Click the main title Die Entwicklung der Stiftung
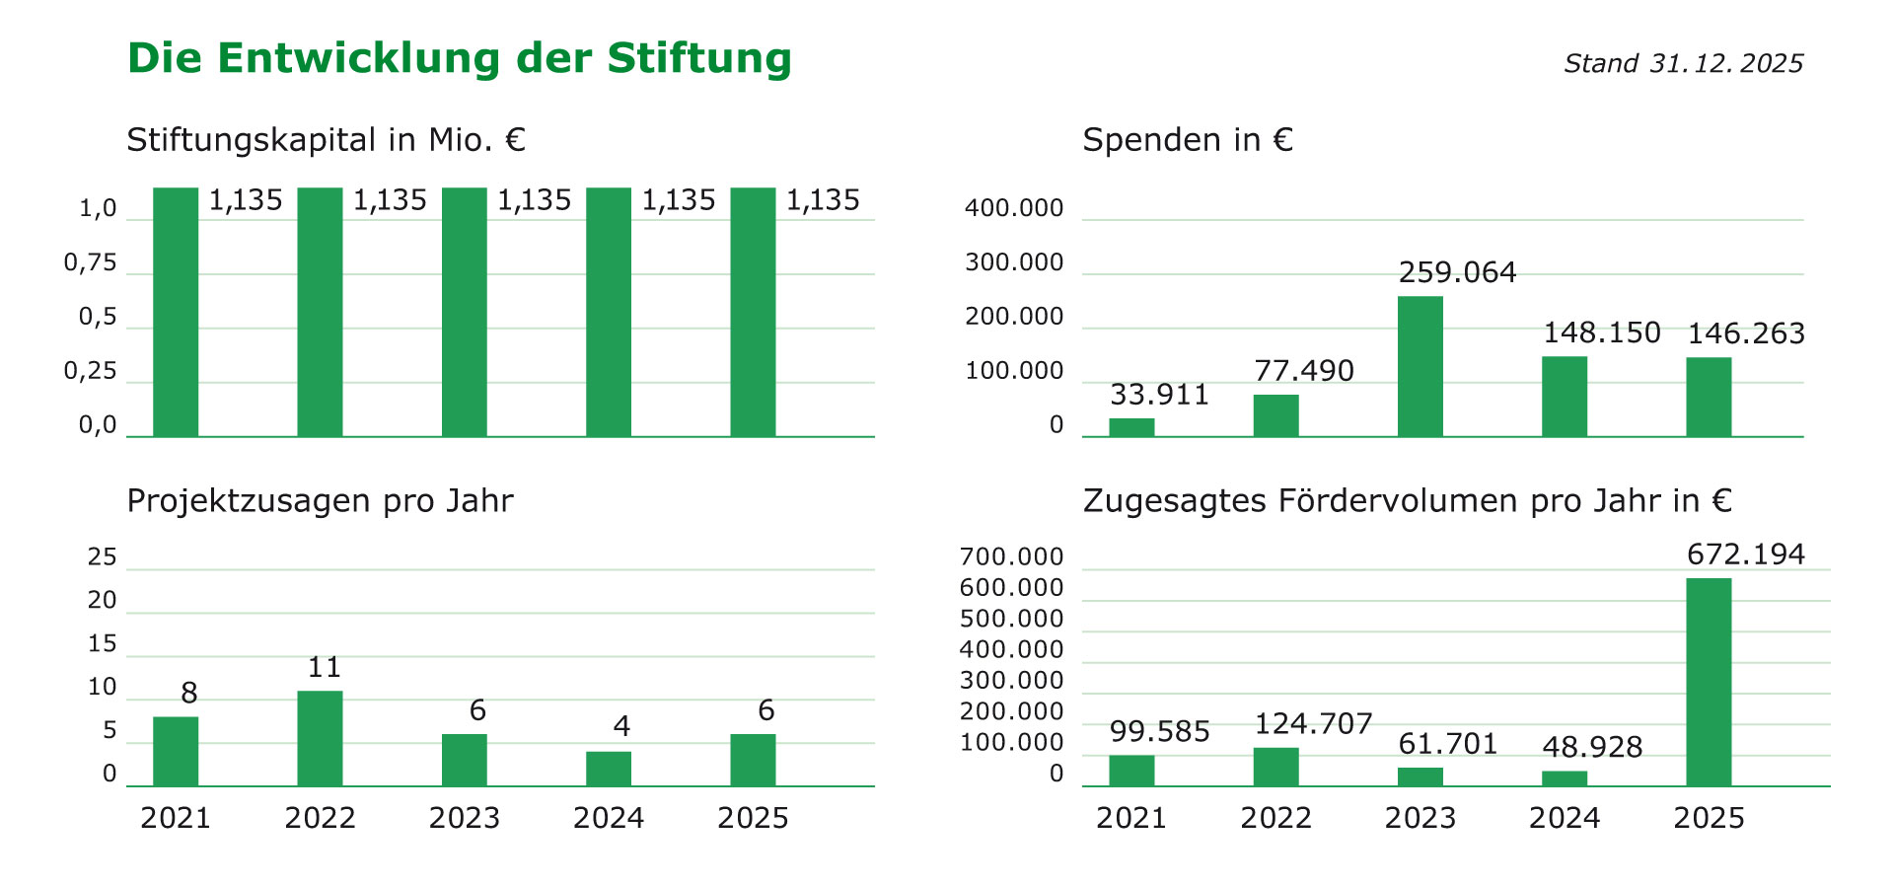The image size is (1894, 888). [460, 58]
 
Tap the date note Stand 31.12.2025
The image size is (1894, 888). [1683, 64]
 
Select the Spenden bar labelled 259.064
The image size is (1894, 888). [1420, 366]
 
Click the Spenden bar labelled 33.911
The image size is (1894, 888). [1131, 427]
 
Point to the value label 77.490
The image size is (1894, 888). [1304, 371]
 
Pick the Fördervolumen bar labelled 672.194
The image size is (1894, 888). [1709, 682]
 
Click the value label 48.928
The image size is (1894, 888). [1592, 747]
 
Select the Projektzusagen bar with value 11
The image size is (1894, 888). [320, 738]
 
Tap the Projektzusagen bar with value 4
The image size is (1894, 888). [609, 769]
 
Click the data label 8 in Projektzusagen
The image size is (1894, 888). [189, 694]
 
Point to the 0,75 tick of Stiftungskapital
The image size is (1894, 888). [91, 263]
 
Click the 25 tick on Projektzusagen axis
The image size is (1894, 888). [103, 557]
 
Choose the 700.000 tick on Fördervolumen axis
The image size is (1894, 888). [1011, 557]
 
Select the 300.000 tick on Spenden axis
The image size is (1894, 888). [1014, 263]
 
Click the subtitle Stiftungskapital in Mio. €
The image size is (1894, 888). [326, 140]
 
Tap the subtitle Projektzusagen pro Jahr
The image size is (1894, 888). [320, 501]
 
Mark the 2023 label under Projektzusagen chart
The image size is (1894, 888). [465, 818]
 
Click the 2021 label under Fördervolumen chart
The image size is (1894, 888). [1131, 818]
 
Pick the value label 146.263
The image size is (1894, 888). [1746, 333]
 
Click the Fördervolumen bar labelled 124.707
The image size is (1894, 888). [1275, 767]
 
